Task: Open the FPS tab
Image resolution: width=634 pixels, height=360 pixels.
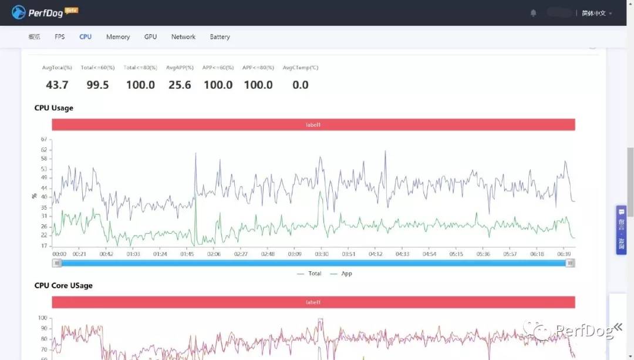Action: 60,37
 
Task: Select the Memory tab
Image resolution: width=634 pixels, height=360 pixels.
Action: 118,37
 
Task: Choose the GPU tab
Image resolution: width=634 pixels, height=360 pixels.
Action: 150,37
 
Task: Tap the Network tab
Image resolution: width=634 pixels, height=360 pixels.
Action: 183,37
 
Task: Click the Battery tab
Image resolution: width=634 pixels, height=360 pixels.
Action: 220,37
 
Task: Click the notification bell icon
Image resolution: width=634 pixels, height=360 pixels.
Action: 534,13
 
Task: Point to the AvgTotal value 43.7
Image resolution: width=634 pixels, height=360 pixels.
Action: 57,85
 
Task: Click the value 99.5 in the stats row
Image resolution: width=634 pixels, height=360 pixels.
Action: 97,85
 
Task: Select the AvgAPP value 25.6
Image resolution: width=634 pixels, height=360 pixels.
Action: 180,85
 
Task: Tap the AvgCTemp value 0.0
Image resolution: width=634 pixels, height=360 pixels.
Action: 300,85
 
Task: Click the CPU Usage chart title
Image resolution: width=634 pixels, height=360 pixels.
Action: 54,108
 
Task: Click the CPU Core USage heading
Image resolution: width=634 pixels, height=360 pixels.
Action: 63,285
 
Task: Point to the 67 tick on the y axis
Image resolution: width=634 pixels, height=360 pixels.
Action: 44,139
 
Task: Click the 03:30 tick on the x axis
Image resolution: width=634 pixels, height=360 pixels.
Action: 322,254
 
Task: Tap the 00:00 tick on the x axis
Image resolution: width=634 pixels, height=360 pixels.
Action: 59,254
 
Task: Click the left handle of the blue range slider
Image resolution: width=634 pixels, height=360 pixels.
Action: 58,263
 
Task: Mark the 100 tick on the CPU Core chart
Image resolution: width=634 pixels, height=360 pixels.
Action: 42,318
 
